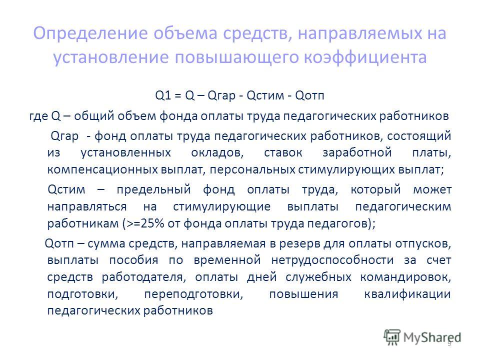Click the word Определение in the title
tap(91, 33)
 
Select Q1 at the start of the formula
tap(163, 95)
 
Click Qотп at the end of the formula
tap(309, 95)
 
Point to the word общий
tap(93, 116)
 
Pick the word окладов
tap(217, 152)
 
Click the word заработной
tap(357, 152)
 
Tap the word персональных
tap(252, 169)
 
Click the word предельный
tap(153, 190)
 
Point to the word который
tap(375, 190)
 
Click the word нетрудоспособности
tap(332, 260)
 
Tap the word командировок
tap(405, 277)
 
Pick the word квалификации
tap(407, 294)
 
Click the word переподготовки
tap(194, 294)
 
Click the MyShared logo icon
tap(392, 337)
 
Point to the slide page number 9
tap(449, 344)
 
